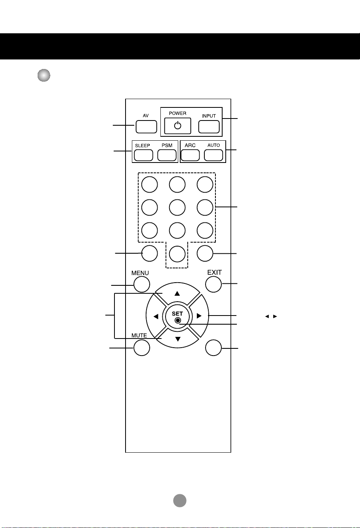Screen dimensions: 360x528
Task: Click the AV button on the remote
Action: (146, 127)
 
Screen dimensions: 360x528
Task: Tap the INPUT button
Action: (209, 127)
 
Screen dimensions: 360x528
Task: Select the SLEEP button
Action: (143, 155)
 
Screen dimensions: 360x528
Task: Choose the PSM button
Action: (167, 155)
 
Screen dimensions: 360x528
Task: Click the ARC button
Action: (190, 155)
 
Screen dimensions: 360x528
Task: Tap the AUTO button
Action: (213, 155)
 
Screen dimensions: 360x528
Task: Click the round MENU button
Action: (142, 284)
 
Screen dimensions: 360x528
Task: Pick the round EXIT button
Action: (213, 284)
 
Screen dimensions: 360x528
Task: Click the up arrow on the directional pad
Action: (177, 293)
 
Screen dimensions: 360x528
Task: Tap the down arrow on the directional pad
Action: (178, 339)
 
